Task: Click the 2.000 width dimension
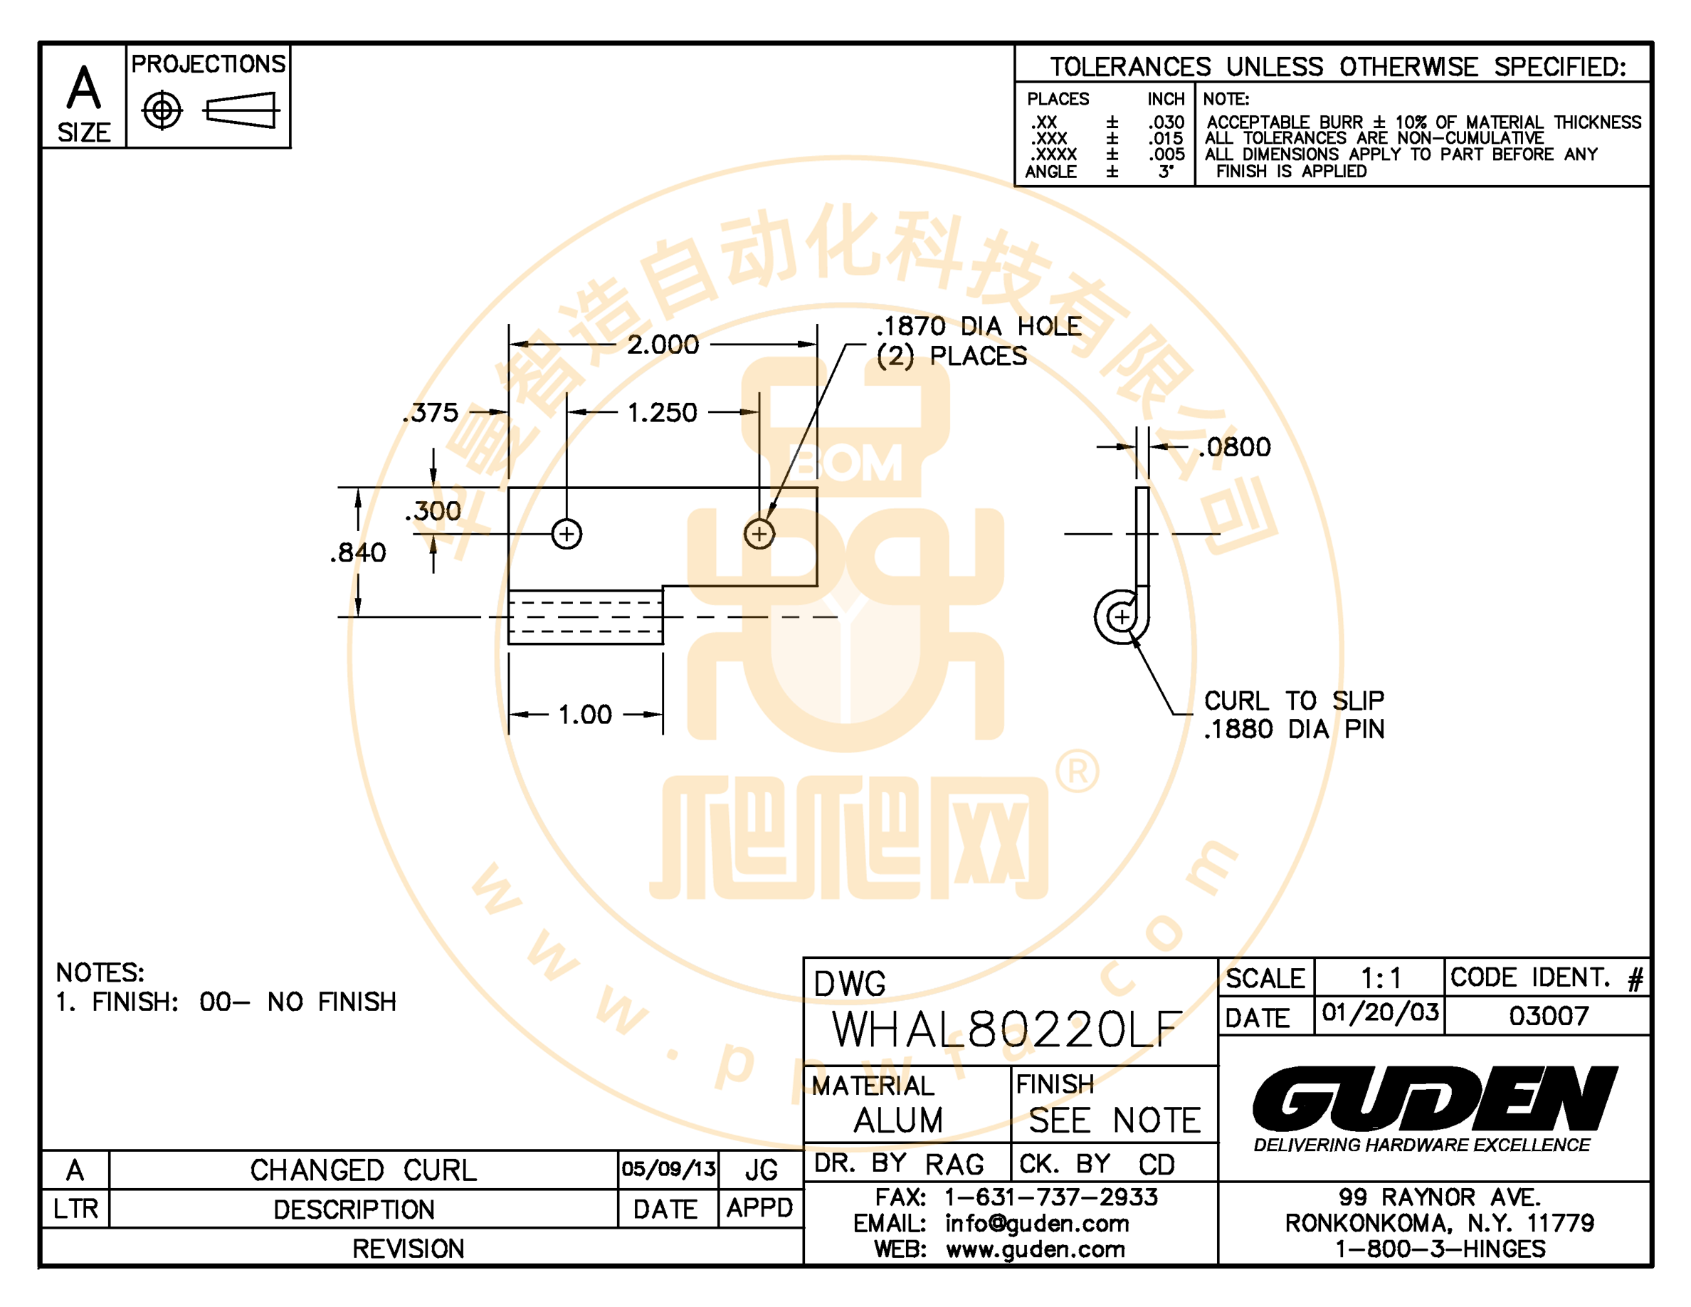coord(663,345)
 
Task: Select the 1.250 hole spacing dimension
coord(662,413)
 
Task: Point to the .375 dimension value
coord(431,413)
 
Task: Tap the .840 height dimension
coord(358,553)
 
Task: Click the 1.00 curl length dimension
coord(584,715)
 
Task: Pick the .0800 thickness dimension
coord(1234,447)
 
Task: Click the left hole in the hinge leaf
coord(567,534)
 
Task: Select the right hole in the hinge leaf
coord(759,534)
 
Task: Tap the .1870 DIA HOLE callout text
coord(979,326)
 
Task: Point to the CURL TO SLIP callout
coord(1294,700)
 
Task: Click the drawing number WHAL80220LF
coord(1006,1029)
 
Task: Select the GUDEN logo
coord(1435,1098)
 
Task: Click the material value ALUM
coord(898,1120)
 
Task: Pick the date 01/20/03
coord(1380,1013)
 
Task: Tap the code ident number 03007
coord(1549,1016)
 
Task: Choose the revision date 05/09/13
coord(668,1169)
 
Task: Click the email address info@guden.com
coord(1037,1224)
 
